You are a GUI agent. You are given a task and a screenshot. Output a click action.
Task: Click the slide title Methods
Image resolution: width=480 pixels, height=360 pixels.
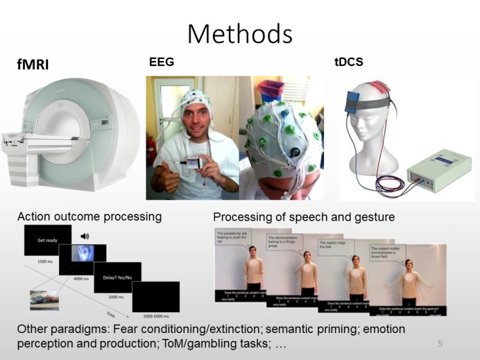pyautogui.click(x=239, y=33)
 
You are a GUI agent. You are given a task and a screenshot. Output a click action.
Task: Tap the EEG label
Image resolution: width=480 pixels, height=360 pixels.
pyautogui.click(x=161, y=62)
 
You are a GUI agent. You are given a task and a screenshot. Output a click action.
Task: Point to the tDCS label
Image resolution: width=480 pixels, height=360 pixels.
pyautogui.click(x=348, y=62)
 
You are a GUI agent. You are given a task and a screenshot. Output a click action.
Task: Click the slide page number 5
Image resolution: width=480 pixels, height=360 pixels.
pyautogui.click(x=440, y=343)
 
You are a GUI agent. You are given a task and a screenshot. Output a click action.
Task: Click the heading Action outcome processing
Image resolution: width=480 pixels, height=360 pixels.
pyautogui.click(x=89, y=217)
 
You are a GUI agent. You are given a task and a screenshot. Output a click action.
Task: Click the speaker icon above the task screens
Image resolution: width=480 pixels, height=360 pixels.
pyautogui.click(x=85, y=236)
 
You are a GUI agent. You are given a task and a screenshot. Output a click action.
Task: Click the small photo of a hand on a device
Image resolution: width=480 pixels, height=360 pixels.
pyautogui.click(x=44, y=300)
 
